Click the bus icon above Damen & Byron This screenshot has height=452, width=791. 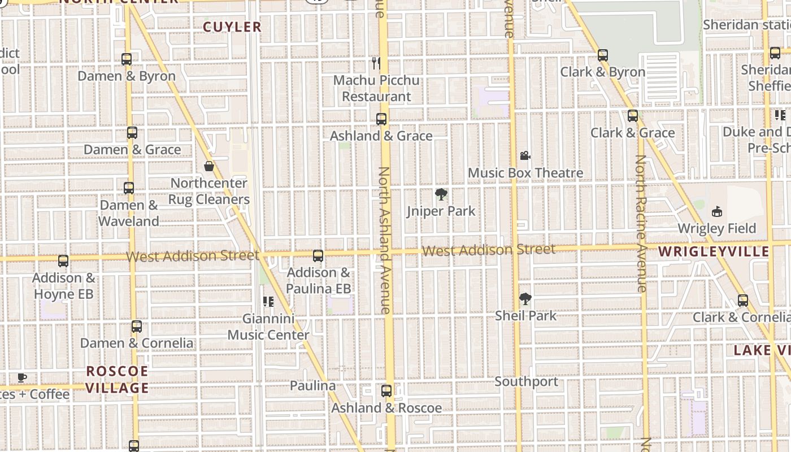[x=127, y=59]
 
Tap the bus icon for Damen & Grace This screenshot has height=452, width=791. [x=132, y=133]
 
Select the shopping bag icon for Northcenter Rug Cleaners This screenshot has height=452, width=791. [x=209, y=166]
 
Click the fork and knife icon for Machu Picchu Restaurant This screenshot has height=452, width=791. [x=376, y=63]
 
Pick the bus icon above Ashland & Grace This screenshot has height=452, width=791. [x=381, y=119]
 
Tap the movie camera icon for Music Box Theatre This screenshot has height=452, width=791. [x=525, y=156]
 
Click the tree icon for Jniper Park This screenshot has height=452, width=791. [x=441, y=195]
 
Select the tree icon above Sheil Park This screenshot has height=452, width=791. [x=525, y=299]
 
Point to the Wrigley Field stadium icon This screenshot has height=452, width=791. [x=717, y=212]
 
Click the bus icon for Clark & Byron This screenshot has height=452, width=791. [x=603, y=55]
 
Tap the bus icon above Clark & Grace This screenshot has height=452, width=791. [x=633, y=116]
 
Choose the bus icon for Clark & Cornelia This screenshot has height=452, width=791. [x=743, y=301]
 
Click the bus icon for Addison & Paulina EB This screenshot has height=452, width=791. [x=318, y=256]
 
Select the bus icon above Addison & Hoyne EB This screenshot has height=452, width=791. [x=63, y=261]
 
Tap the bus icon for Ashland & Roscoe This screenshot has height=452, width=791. [x=386, y=391]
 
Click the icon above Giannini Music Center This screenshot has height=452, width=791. [x=268, y=302]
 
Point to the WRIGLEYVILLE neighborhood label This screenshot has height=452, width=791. [x=714, y=252]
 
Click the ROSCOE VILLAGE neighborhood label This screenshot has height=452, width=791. [x=118, y=380]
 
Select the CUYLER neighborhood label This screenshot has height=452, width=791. [x=232, y=27]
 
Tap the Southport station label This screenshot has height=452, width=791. [x=527, y=382]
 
